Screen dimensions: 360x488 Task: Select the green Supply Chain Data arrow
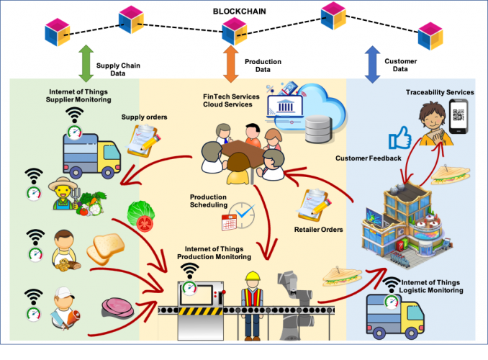85,63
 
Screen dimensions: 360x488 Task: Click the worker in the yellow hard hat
252,302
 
